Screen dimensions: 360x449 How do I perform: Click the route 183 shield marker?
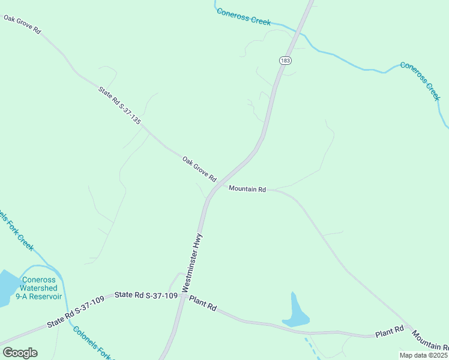coord(285,60)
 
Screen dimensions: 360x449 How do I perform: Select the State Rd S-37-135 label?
coord(119,105)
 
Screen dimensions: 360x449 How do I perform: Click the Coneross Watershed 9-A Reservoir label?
coord(38,288)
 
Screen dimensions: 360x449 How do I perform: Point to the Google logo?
coord(20,353)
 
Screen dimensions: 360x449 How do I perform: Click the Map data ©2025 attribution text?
coord(423,355)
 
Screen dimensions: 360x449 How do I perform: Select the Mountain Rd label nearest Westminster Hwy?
coord(247,189)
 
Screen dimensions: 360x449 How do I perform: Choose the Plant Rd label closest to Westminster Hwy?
coord(203,302)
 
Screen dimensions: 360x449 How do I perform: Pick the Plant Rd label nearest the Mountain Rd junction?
coord(389,332)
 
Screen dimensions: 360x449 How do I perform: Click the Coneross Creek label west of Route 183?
coord(243,16)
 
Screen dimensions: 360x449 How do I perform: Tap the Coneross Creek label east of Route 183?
coord(421,81)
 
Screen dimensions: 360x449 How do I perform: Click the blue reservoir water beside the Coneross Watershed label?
coord(7,288)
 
